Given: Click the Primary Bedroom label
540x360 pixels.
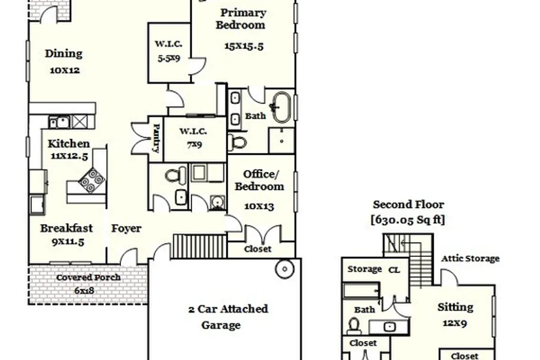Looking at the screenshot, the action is click(x=242, y=19).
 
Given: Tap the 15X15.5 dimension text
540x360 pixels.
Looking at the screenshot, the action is click(x=244, y=46).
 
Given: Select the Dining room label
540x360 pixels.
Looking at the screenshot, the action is click(x=63, y=54).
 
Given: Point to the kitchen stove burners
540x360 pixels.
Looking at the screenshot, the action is click(x=92, y=180).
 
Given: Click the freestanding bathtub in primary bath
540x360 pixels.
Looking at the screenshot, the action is click(x=282, y=107).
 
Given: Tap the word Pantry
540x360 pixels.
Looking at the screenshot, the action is click(x=156, y=139).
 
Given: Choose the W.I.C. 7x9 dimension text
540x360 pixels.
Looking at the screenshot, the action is click(x=194, y=145).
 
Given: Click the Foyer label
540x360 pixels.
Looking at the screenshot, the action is click(x=126, y=228).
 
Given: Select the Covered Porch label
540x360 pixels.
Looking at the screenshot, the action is click(x=89, y=278).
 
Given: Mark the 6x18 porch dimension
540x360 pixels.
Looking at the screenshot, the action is click(x=84, y=291).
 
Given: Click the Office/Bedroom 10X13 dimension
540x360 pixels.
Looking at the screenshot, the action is click(x=259, y=207).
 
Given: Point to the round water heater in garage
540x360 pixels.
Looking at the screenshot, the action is click(x=285, y=269).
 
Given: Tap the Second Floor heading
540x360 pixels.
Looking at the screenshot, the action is click(x=409, y=204).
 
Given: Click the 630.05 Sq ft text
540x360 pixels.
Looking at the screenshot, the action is click(x=408, y=220).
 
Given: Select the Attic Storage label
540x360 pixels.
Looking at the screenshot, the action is click(x=470, y=258).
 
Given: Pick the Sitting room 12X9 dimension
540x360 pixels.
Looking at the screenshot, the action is click(x=455, y=323).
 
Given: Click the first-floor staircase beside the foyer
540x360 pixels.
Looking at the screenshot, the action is click(x=200, y=246).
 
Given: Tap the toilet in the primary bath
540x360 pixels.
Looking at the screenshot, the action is click(x=237, y=142).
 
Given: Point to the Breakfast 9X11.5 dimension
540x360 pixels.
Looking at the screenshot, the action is click(x=68, y=242).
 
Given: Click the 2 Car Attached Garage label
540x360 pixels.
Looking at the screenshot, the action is click(x=228, y=317).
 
